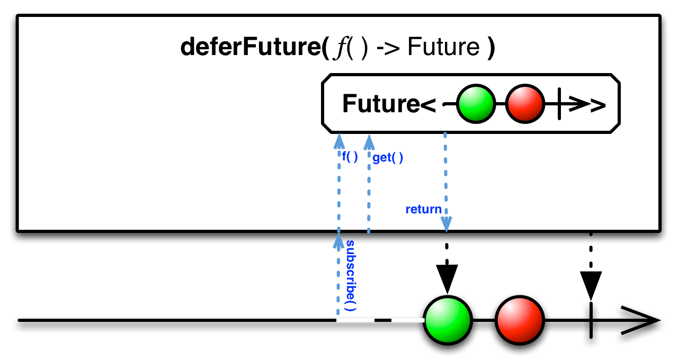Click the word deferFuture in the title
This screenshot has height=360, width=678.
[x=251, y=47]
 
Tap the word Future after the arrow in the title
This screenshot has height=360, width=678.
[x=443, y=47]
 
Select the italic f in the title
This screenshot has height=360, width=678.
[x=340, y=48]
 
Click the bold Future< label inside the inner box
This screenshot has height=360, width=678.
[x=389, y=104]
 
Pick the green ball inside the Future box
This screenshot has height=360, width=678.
[x=476, y=104]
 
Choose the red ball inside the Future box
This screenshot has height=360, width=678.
[x=525, y=104]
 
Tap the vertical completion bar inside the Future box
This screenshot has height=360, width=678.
[x=559, y=104]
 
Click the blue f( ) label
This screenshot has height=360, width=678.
[x=350, y=157]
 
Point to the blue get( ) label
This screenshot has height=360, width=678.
[x=388, y=158]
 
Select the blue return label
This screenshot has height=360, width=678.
[x=423, y=209]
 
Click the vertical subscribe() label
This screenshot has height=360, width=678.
[x=351, y=276]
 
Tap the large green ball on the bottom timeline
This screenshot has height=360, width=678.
[x=448, y=320]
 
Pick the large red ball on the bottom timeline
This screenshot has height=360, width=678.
[x=520, y=320]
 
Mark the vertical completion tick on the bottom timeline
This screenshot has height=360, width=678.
[x=591, y=320]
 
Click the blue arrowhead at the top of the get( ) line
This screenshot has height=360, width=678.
[x=369, y=142]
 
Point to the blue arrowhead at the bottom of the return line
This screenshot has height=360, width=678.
[x=447, y=224]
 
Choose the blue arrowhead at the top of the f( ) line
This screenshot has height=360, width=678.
[x=339, y=141]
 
